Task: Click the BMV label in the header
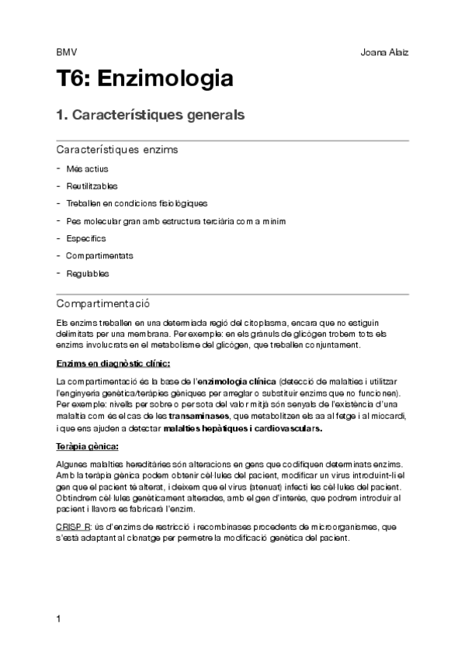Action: (66, 53)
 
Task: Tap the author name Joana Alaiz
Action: (385, 53)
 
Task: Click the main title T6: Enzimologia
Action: (145, 79)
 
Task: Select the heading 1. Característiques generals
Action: (151, 116)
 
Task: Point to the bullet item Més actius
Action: (87, 168)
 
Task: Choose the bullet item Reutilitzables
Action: (92, 185)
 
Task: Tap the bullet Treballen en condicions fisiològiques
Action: (137, 203)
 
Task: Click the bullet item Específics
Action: (85, 238)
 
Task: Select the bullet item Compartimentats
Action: (99, 255)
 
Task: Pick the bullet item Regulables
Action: (87, 273)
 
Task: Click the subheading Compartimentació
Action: (102, 303)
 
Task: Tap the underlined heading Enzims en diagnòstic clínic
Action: (113, 363)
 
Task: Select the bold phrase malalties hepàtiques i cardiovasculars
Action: (243, 428)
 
